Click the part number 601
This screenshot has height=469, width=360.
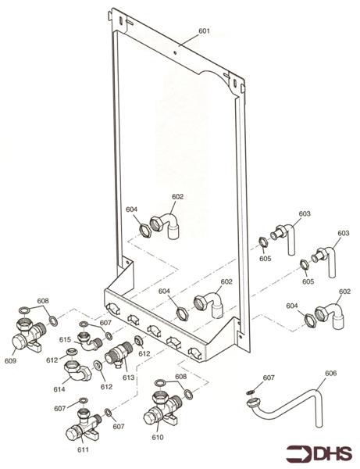coord(204,31)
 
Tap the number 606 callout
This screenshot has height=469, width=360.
coord(330,374)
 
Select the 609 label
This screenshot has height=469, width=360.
coord(10,360)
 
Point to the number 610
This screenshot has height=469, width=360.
coord(159,439)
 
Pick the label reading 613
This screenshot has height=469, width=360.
coord(128,378)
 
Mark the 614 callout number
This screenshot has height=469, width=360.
coord(59,388)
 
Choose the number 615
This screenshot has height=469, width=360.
coord(65,339)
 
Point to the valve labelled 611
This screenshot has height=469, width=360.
coord(80,427)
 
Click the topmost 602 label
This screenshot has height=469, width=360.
coord(177,197)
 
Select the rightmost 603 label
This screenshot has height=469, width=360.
coord(343,233)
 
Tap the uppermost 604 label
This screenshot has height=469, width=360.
coord(131,209)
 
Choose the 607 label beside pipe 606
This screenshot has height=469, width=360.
coord(268,378)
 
